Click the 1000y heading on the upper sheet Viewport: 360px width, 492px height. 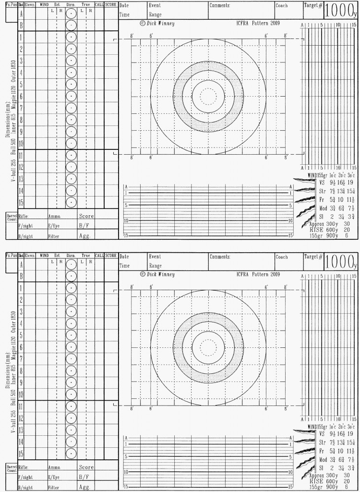click(341, 11)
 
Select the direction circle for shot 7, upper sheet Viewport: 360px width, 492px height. click(71, 108)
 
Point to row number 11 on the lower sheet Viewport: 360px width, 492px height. click(21, 406)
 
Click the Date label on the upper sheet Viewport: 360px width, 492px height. click(124, 5)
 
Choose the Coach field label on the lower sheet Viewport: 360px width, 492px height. click(282, 257)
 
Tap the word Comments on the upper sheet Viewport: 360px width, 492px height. click(220, 5)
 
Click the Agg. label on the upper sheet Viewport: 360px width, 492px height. click(85, 236)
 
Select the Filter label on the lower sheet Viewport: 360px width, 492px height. click(53, 488)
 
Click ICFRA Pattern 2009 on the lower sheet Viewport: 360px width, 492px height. click(258, 274)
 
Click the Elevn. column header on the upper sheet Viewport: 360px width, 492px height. click(30, 4)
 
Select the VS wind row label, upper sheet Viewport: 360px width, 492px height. click(322, 183)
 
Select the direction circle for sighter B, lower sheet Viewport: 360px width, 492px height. click(71, 276)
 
